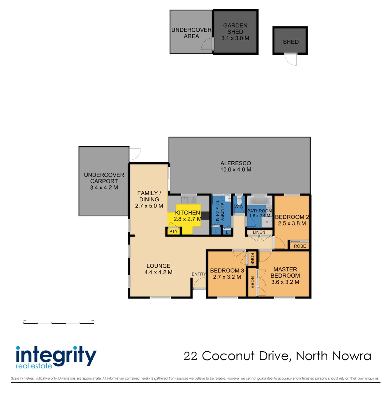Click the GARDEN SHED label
[x=235, y=32]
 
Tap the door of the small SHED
[x=291, y=59]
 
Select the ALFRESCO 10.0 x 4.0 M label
[x=236, y=166]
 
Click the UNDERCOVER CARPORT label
[x=104, y=181]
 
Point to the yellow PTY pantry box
[x=174, y=231]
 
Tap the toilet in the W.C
[x=239, y=201]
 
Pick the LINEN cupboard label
[x=259, y=232]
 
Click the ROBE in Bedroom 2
[x=300, y=246]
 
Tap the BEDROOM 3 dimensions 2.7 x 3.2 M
[x=227, y=277]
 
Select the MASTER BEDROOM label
[x=285, y=273]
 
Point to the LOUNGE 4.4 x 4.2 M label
[x=158, y=269]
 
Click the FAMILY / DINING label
[x=147, y=200]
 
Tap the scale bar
[x=59, y=322]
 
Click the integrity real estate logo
[x=56, y=356]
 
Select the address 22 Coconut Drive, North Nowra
[x=277, y=356]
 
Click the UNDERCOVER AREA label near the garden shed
[x=191, y=33]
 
